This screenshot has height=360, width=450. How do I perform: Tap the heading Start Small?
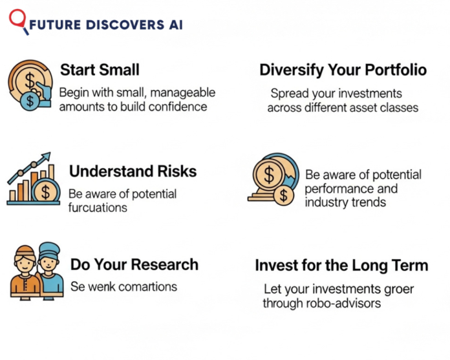click(x=99, y=70)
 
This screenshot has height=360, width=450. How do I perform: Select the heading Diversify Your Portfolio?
click(x=343, y=70)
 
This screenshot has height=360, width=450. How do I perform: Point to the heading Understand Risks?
click(x=133, y=171)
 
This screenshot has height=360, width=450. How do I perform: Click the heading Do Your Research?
click(x=134, y=264)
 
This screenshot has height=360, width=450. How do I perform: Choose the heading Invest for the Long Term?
click(x=341, y=266)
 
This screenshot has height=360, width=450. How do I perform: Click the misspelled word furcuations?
click(x=98, y=207)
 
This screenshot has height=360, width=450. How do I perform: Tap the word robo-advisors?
click(x=347, y=303)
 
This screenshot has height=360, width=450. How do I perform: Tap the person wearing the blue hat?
click(x=49, y=268)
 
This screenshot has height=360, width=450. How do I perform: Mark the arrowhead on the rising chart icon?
click(x=47, y=156)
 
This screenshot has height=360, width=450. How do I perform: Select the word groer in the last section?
click(x=398, y=289)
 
